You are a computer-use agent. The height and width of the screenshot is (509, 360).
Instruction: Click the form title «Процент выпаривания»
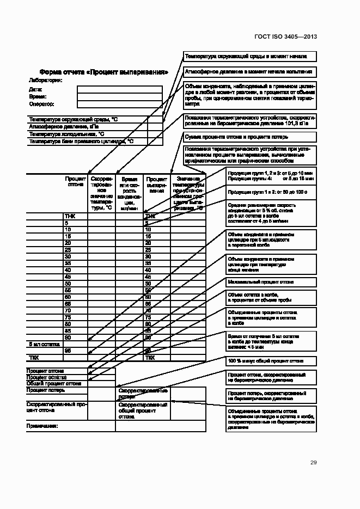103,72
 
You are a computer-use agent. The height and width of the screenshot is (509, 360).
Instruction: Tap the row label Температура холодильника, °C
66,134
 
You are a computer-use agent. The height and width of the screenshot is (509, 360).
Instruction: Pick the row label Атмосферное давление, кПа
63,126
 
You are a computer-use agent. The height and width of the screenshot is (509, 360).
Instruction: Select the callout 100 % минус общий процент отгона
265,361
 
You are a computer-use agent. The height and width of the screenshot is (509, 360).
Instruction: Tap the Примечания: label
42,425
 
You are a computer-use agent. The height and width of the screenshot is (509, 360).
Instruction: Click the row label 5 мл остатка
43,345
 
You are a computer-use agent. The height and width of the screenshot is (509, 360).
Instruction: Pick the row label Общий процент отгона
53,383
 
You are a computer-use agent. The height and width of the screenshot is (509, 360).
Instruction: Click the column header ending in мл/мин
129,193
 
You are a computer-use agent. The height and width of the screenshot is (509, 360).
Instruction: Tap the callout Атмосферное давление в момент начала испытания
248,71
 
